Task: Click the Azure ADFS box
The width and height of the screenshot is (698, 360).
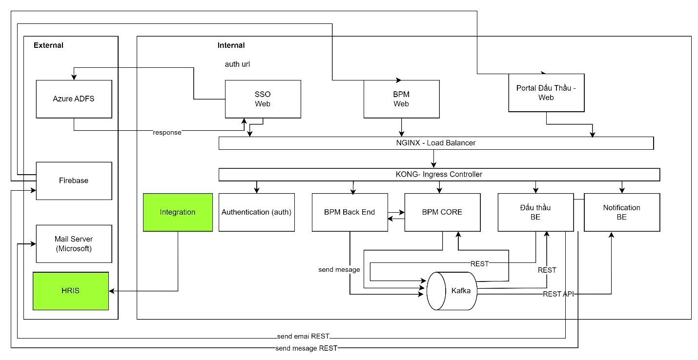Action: tap(74, 99)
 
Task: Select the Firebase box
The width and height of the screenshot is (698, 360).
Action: tap(74, 180)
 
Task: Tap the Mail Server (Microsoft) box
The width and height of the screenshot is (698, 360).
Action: tap(74, 243)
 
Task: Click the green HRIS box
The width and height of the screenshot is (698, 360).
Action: tap(71, 291)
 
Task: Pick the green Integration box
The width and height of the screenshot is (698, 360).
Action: tap(178, 212)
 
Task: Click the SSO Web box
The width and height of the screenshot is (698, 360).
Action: tap(263, 99)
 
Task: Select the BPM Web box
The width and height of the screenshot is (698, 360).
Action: tap(401, 99)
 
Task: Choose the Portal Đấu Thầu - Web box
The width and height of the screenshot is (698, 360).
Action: tap(546, 93)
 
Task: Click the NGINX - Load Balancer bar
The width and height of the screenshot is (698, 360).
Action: tap(436, 143)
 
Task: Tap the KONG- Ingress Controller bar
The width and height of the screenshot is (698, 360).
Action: tap(439, 174)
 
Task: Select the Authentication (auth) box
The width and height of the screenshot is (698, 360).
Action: tap(256, 212)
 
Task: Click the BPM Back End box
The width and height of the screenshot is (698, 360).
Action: tap(349, 212)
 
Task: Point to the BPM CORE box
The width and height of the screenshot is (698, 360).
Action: tap(442, 212)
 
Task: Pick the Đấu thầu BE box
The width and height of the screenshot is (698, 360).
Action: tap(535, 212)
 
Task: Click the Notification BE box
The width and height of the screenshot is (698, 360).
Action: tap(621, 212)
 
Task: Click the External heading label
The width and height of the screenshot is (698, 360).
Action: tap(48, 45)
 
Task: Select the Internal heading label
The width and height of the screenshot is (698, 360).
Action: tap(231, 45)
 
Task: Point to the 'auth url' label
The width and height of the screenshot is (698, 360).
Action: tap(237, 64)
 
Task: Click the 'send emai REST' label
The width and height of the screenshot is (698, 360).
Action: tap(303, 337)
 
